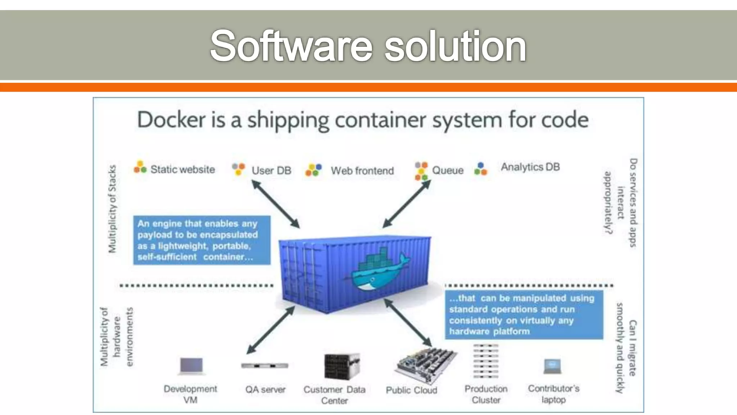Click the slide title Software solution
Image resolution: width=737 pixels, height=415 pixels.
coord(368,46)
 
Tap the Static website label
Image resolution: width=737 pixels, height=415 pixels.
coord(182,169)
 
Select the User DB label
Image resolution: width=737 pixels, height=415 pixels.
coord(271,170)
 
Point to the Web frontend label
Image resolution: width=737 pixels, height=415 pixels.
coord(362,171)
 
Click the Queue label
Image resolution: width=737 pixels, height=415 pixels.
coord(447,170)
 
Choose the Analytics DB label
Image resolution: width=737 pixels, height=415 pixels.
coord(530,167)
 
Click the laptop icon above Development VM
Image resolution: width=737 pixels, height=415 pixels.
coord(191,366)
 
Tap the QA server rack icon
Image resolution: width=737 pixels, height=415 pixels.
coord(264,366)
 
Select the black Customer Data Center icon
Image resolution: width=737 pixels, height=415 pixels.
coord(342,367)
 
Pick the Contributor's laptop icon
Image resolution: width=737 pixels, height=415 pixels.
coord(552,366)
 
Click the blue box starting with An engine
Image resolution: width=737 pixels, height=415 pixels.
coord(202,240)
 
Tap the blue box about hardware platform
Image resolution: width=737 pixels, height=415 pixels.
coord(524,315)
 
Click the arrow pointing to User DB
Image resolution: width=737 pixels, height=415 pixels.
coord(275,204)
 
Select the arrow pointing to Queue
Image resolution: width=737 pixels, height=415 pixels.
coord(407,204)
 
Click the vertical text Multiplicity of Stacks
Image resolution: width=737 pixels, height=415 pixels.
coord(113,209)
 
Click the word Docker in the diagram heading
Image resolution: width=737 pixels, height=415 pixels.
coord(171,120)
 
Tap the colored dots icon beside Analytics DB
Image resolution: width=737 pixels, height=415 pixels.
coord(480,169)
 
